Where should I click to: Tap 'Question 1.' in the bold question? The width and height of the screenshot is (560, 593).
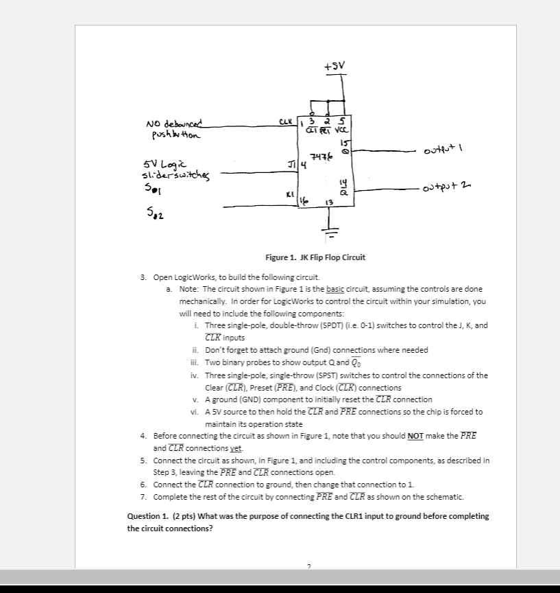149,516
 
